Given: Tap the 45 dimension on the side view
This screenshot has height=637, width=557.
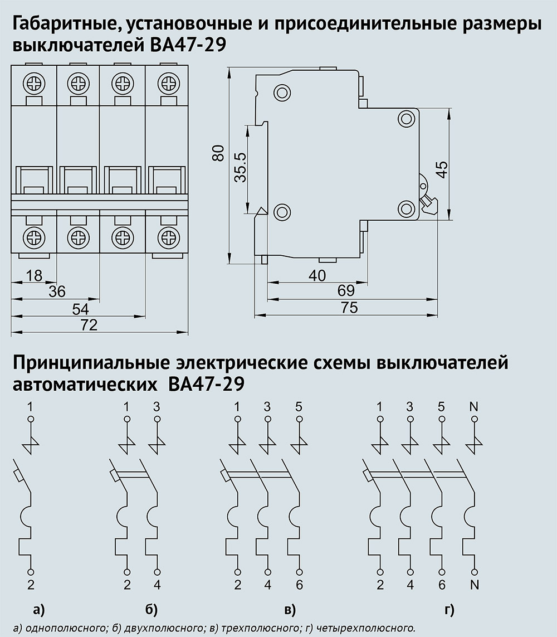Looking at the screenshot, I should pyautogui.click(x=440, y=169).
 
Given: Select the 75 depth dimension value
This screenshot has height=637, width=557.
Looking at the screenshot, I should pyautogui.click(x=350, y=308).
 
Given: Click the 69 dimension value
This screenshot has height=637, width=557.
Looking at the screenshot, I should pyautogui.click(x=346, y=291).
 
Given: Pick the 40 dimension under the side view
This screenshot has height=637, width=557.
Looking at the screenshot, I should pyautogui.click(x=316, y=274).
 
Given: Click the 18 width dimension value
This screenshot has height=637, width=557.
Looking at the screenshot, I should pyautogui.click(x=34, y=275).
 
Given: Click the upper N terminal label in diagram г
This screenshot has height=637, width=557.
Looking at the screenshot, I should pyautogui.click(x=474, y=406).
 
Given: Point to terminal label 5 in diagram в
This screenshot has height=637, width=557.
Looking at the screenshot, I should pyautogui.click(x=299, y=406).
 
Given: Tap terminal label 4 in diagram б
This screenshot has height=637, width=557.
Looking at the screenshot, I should pyautogui.click(x=157, y=585).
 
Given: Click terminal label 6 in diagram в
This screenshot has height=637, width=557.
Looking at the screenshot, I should pyautogui.click(x=299, y=585).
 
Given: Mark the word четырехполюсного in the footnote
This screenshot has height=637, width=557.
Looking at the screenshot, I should pyautogui.click(x=370, y=628).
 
